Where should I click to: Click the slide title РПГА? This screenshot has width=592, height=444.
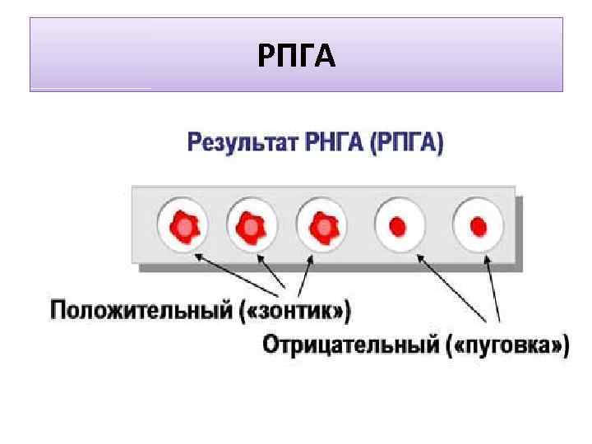point(297,56)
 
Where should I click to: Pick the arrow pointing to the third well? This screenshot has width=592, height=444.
point(303,275)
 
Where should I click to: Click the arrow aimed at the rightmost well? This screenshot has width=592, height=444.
point(493,288)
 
